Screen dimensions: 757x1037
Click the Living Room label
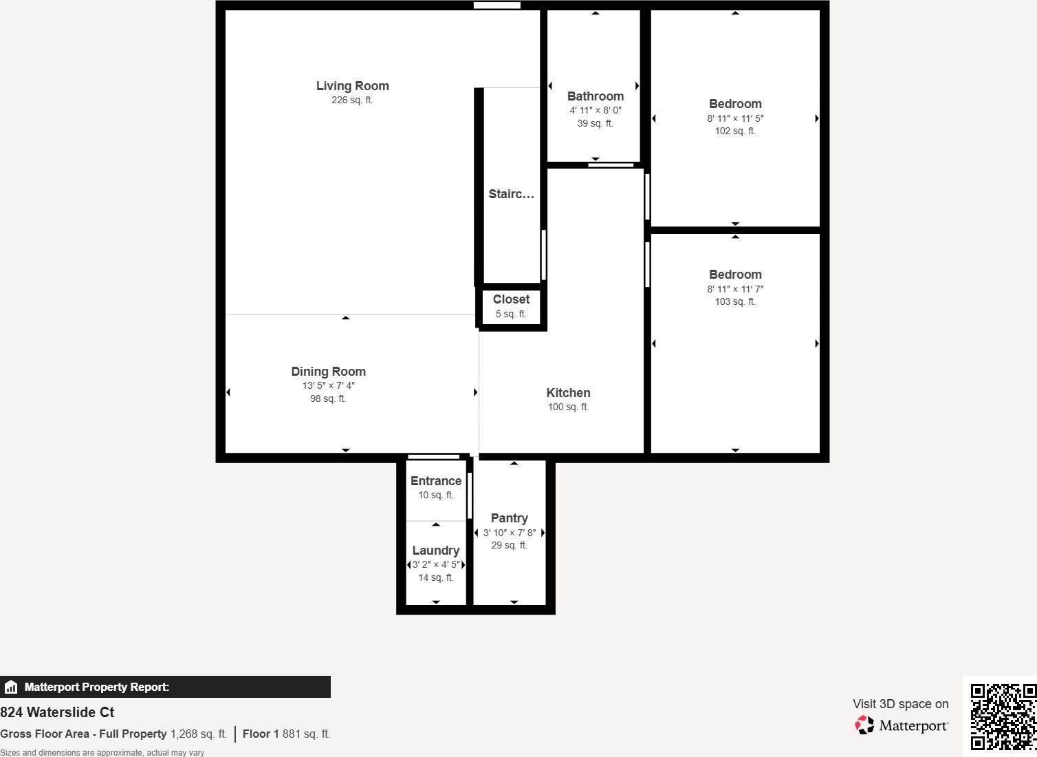pos(352,86)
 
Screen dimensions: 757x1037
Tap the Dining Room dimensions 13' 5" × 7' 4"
pos(328,386)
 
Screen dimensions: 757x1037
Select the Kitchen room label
pos(568,393)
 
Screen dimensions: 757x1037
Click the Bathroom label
pos(596,96)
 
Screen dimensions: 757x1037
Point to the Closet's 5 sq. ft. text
pos(511,314)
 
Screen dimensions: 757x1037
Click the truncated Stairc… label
pos(511,194)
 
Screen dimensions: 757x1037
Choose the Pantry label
pos(509,518)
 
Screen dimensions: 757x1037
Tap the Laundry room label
pos(435,551)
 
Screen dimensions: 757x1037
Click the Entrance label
pos(435,481)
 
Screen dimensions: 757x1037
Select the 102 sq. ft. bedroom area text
pos(734,131)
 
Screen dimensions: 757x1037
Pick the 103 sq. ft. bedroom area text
pos(734,302)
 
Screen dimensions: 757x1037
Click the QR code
pos(1003,716)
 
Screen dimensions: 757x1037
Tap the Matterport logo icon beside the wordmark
pos(864,725)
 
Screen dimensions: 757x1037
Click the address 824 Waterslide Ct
pos(57,712)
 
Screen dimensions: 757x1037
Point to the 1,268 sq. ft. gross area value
pos(198,734)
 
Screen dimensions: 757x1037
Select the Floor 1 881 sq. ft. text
pos(286,734)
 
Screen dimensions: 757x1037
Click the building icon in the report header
pos(11,687)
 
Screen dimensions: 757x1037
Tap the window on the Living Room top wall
pos(496,6)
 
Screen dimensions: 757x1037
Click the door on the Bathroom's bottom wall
pos(611,165)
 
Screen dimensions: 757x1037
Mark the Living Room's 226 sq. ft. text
pos(352,100)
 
